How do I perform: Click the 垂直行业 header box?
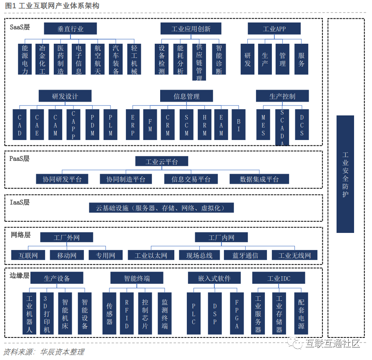(x=70, y=29)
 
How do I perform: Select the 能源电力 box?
(x=25, y=59)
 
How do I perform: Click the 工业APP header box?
(x=274, y=29)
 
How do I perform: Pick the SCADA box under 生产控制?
(x=282, y=127)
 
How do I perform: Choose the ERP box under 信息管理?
(x=133, y=124)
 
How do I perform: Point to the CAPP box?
(x=73, y=124)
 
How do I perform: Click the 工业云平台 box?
(x=162, y=162)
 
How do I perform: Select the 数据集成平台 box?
(x=259, y=179)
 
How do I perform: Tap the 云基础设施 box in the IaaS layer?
(x=162, y=208)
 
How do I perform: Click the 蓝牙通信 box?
(x=245, y=255)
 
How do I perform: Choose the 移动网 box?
(x=67, y=255)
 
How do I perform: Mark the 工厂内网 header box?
(x=221, y=237)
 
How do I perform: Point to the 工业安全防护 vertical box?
(x=345, y=174)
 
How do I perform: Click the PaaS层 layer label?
(x=20, y=159)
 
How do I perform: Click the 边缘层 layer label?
(x=20, y=276)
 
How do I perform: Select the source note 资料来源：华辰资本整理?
(x=44, y=352)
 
